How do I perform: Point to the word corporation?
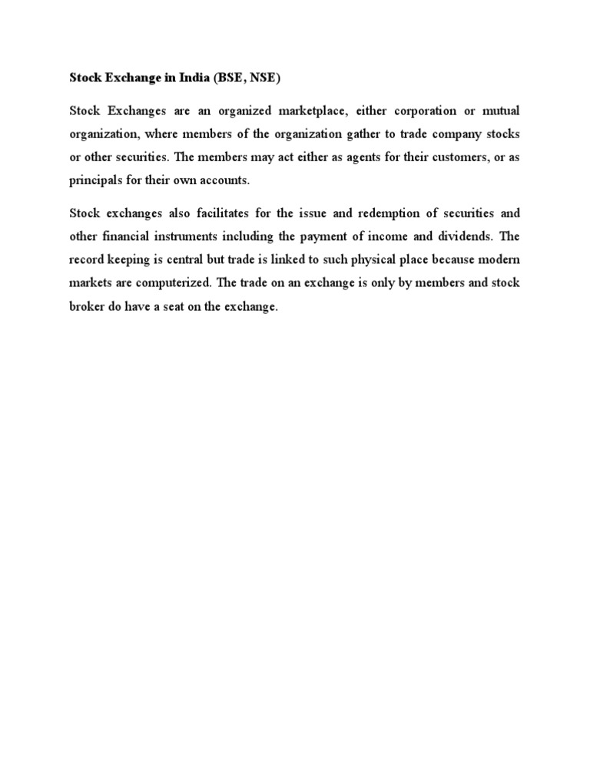[426, 111]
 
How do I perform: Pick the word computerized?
[174, 283]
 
